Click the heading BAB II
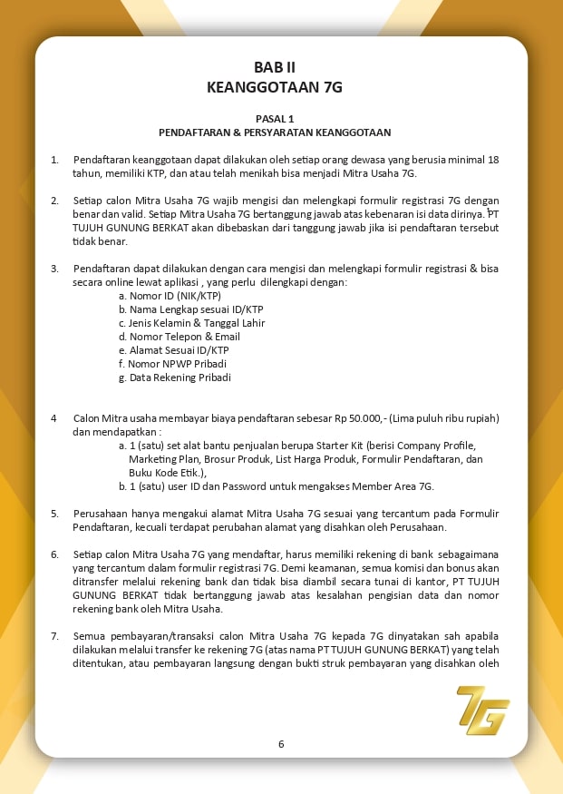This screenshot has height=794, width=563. coord(275,67)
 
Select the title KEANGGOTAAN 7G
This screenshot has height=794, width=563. coord(275,87)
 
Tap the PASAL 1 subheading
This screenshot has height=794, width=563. coord(275,118)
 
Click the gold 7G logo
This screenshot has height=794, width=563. coord(482,710)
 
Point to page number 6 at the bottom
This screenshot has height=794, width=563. coord(281,744)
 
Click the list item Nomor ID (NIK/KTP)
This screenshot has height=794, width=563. coord(170,296)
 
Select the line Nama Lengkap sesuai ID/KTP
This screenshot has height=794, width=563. coord(189,309)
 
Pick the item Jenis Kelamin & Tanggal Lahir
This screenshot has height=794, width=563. coord(191,323)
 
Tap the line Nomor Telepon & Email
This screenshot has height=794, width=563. coord(180,337)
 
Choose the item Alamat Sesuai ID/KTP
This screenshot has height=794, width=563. coord(174,350)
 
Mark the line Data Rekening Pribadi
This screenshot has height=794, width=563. coord(175,377)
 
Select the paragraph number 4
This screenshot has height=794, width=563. coord(53,418)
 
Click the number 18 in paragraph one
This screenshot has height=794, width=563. coord(493,160)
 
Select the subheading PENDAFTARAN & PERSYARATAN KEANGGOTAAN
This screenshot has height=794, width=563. coord(275,132)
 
